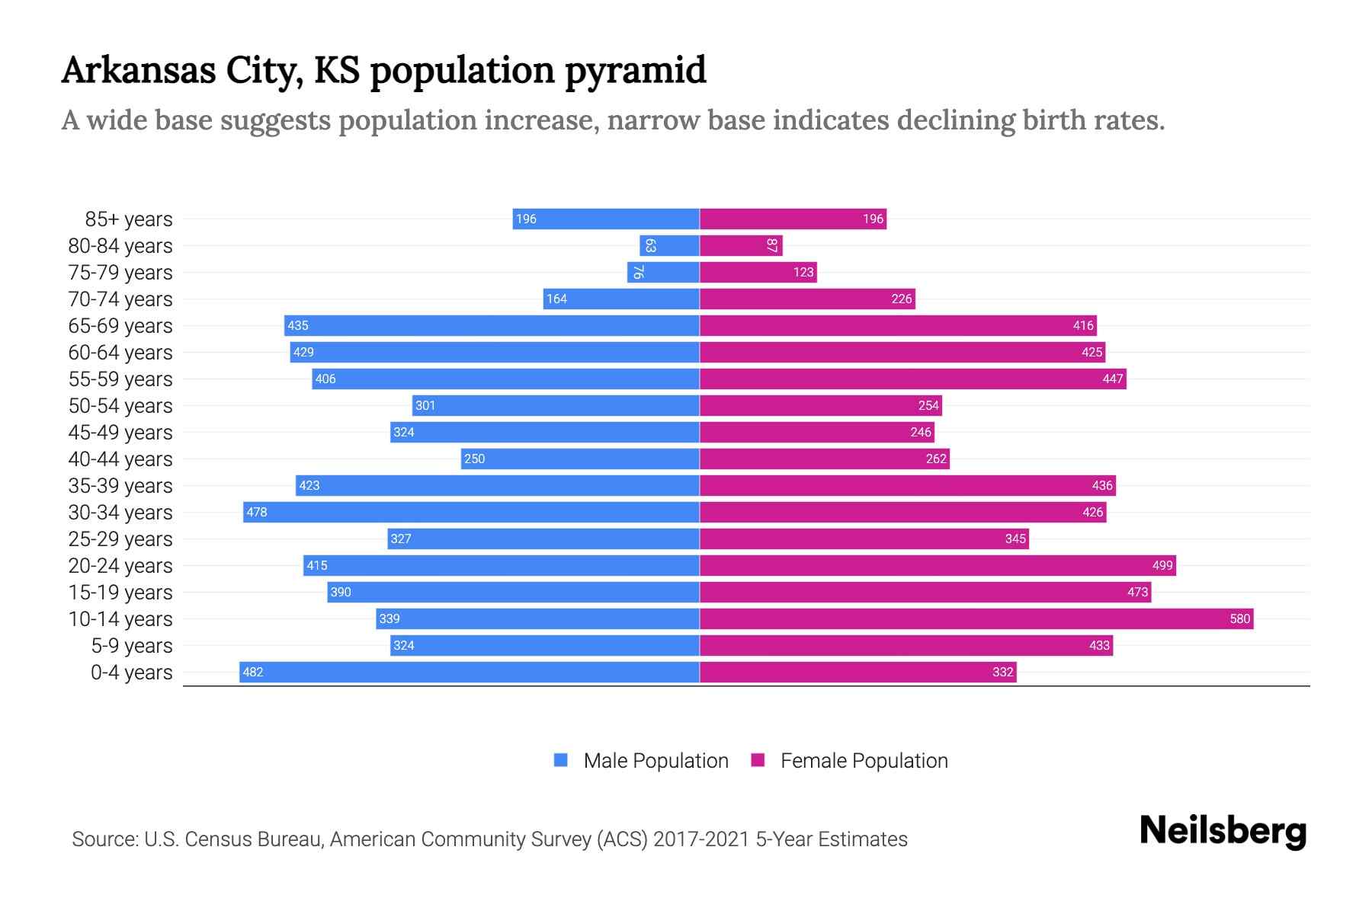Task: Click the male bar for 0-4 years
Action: pos(469,672)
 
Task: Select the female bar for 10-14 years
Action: pos(976,618)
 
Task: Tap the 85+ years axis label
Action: pos(128,219)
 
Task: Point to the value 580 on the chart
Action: pos(1239,618)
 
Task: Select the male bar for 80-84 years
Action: pos(669,245)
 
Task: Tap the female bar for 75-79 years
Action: pos(758,272)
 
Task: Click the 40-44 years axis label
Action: pos(120,459)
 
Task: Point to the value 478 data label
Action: pos(257,512)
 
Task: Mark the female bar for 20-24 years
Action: pos(938,565)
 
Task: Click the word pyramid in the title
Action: pos(635,70)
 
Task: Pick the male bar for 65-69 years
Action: pos(492,325)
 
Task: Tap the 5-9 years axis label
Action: pos(131,646)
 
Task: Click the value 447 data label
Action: pos(1112,379)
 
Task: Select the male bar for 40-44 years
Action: pos(580,459)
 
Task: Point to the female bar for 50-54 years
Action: pos(820,405)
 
